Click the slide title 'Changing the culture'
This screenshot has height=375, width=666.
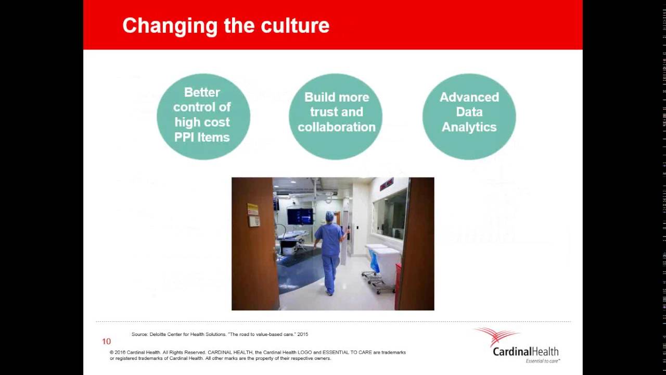[225, 26]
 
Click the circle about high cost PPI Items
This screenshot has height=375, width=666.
[203, 116]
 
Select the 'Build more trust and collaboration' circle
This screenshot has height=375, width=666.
[336, 116]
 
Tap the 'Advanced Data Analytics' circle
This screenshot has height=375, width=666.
[469, 116]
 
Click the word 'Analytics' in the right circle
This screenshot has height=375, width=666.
[469, 127]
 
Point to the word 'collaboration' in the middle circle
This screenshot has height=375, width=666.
[336, 127]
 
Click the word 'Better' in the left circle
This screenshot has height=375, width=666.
[202, 92]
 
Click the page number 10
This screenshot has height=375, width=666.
[106, 342]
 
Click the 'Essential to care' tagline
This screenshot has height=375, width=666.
[542, 361]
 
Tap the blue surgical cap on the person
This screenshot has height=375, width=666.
[330, 216]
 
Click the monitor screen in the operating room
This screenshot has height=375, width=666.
[300, 216]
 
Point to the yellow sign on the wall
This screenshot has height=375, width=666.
[253, 209]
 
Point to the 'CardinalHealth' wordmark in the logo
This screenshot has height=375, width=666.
[526, 352]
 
